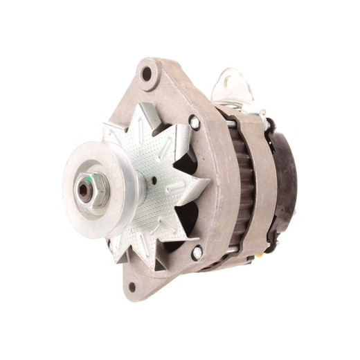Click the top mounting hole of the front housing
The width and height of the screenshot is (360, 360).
tap(147, 73)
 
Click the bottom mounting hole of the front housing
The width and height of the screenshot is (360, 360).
tap(131, 287)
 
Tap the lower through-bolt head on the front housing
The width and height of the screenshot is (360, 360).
tap(196, 253)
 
